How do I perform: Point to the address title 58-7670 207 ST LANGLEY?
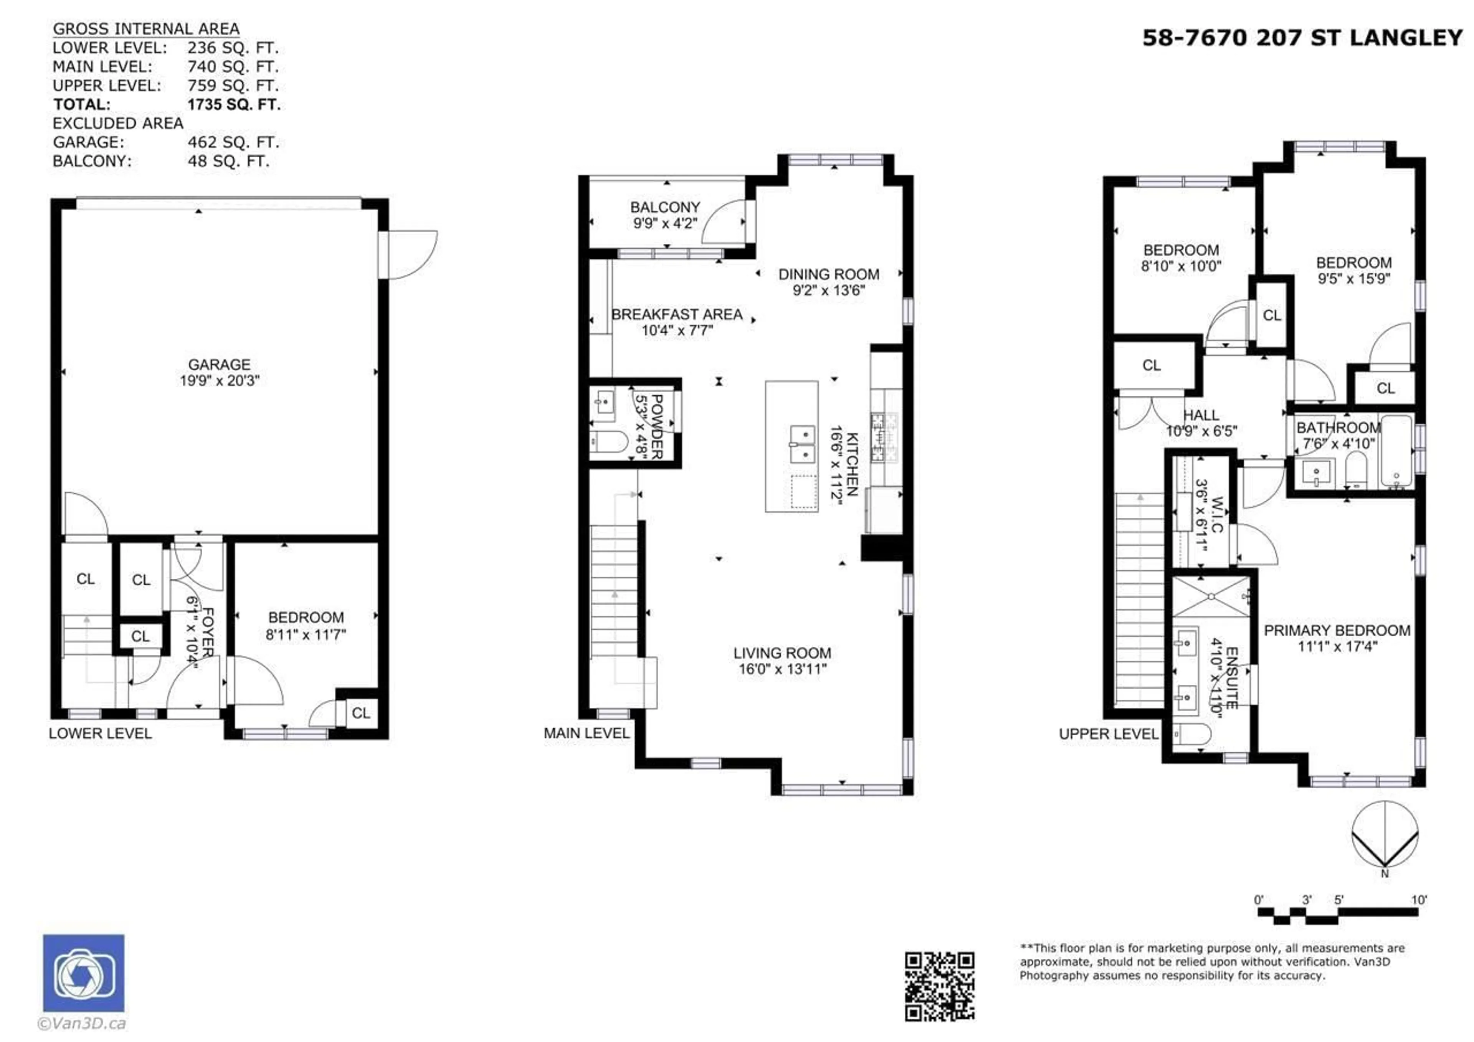1302,38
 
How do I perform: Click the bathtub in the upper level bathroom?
1396,451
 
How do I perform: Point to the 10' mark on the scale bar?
1418,900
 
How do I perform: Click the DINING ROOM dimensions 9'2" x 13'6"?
829,290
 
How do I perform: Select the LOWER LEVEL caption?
100,733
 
